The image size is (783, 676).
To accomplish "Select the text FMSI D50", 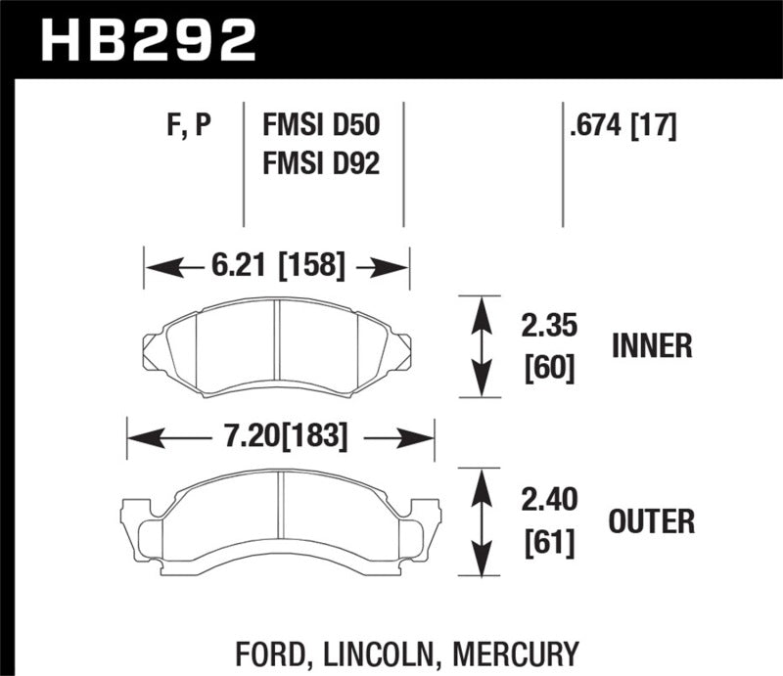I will click(x=320, y=126).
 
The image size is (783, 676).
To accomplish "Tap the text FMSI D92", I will click(x=320, y=162).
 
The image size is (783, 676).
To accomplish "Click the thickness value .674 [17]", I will click(x=621, y=126).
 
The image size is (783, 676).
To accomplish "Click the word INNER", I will click(x=652, y=346).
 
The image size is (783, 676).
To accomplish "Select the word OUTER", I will click(x=652, y=521).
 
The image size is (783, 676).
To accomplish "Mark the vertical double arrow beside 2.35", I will click(x=480, y=347).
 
